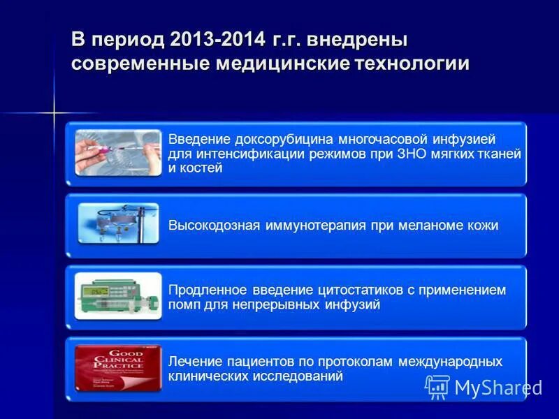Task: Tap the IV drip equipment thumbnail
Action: pos(117,224)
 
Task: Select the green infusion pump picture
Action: pos(117,295)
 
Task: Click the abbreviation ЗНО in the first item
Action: pos(408,154)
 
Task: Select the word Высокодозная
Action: pos(214,226)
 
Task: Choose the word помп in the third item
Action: pos(184,304)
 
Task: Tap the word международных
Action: pos(450,362)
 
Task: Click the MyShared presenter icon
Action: pos(437,387)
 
